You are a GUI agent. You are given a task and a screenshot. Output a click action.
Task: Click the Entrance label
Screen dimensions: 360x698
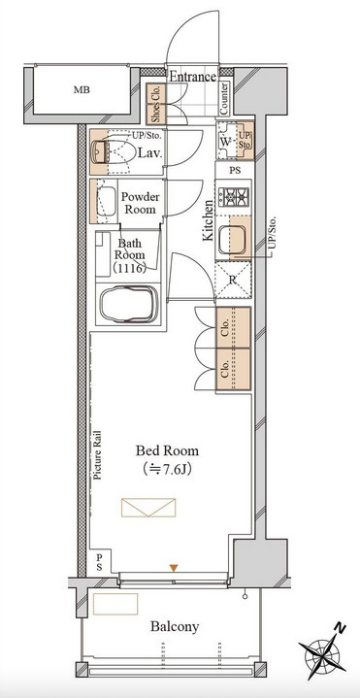193,76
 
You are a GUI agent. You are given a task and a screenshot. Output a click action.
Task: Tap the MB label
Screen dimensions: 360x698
82,90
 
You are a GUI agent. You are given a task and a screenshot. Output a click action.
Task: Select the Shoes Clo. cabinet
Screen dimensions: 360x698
156,104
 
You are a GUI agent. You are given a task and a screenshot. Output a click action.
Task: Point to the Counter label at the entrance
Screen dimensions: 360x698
224,98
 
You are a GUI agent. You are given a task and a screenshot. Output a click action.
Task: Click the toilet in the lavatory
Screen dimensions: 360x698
111,151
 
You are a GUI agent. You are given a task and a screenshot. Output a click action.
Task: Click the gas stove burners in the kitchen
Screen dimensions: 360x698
233,196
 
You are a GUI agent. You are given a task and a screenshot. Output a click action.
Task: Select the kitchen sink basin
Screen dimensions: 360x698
232,238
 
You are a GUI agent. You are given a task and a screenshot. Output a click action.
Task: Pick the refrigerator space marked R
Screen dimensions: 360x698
233,280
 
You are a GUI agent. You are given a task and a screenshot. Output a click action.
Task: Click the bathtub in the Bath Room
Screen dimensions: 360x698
129,304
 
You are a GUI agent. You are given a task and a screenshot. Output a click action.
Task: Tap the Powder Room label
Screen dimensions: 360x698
140,203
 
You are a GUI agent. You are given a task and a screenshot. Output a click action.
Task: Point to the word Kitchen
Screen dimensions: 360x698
208,220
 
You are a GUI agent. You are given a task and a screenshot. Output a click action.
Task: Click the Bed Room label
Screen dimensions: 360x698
167,451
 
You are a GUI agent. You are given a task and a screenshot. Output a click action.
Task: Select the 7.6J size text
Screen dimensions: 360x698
167,470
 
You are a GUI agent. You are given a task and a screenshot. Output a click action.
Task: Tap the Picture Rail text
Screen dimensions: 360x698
97,454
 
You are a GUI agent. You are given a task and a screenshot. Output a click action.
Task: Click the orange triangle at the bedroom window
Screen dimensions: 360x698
174,568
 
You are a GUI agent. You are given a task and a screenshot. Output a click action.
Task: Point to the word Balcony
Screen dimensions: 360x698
175,627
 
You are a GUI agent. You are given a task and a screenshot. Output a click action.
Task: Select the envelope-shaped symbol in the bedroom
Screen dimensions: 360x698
148,508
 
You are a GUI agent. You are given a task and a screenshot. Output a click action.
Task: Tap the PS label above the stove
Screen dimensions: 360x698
235,171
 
